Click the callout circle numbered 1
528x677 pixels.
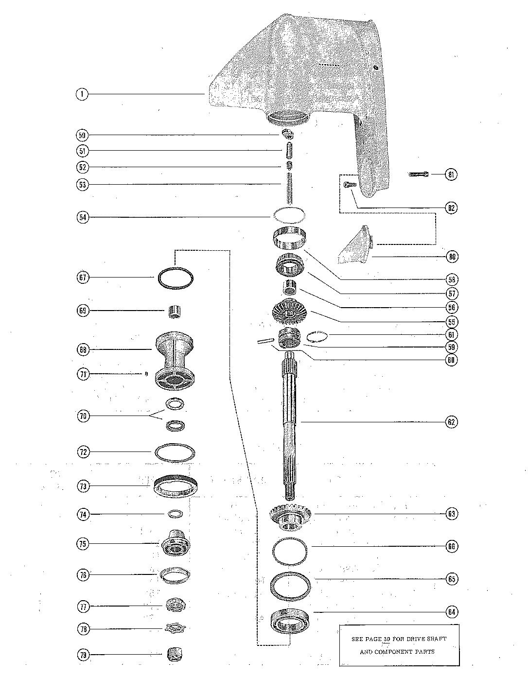pos(82,94)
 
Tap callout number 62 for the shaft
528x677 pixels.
pos(451,422)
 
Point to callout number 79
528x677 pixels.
pos(83,655)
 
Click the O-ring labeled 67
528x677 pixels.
pos(175,278)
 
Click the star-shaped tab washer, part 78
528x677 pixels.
pos(176,628)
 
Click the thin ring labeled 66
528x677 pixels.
pos(290,546)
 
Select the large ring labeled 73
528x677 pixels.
pos(175,486)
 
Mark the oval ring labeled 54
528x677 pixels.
pos(289,214)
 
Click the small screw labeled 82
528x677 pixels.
pos(350,184)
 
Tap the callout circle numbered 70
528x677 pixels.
pos(83,416)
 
